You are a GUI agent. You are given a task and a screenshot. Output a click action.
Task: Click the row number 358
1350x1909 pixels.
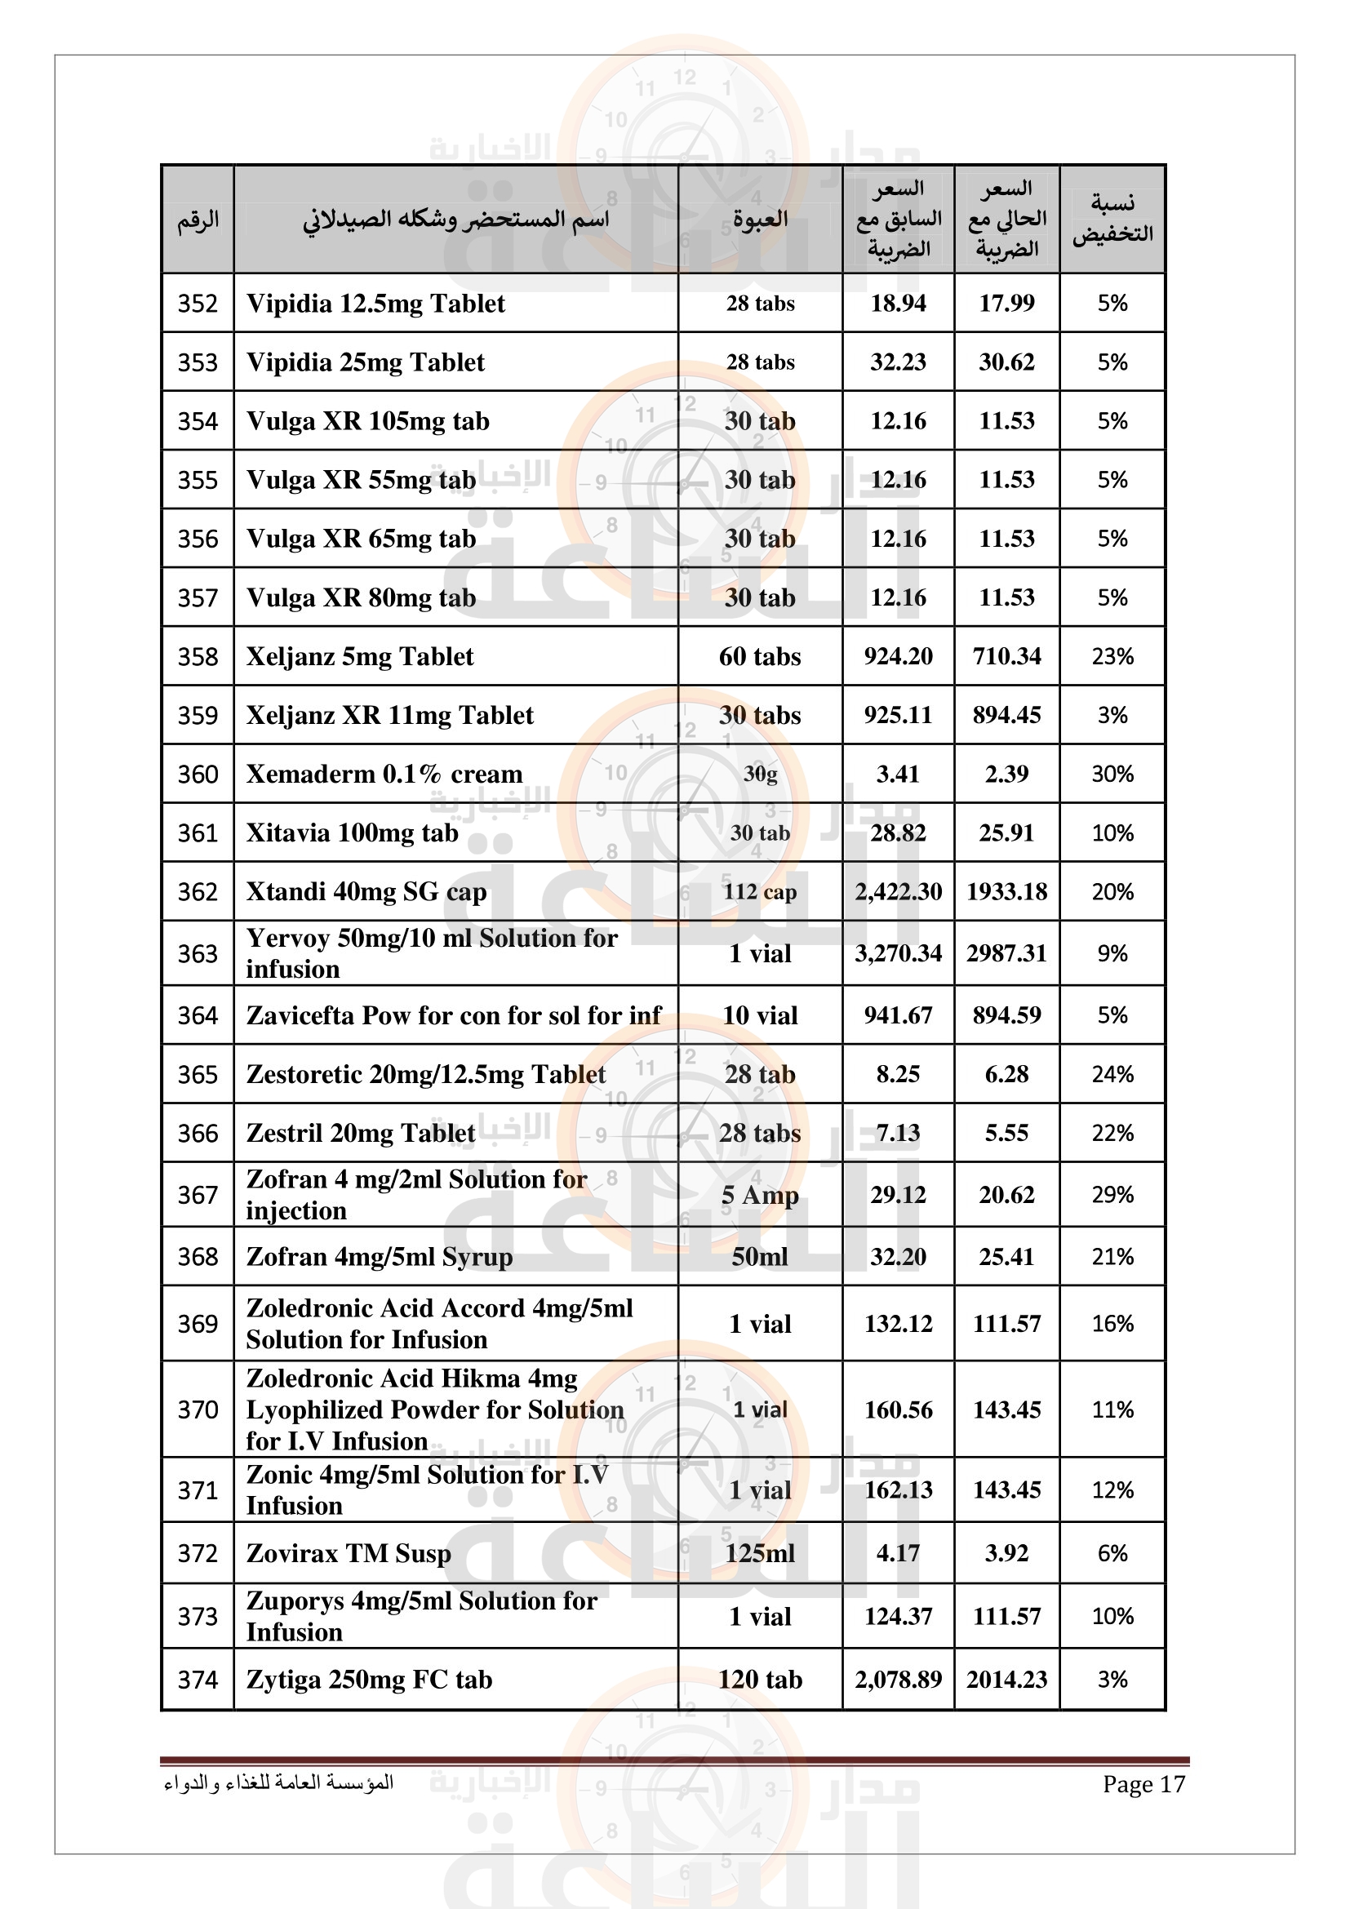click(x=197, y=657)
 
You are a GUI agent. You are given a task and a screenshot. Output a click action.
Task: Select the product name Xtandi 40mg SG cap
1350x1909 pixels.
click(x=366, y=892)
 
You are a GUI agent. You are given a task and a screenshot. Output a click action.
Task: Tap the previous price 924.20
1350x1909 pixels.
click(x=898, y=657)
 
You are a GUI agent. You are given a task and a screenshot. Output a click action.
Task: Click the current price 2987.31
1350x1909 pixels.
click(x=1006, y=953)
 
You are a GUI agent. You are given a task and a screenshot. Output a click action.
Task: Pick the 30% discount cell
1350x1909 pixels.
click(x=1112, y=774)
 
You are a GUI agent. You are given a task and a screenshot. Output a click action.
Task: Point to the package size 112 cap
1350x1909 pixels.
click(x=760, y=892)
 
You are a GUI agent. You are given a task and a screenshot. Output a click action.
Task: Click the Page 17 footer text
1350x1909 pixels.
click(x=1143, y=1784)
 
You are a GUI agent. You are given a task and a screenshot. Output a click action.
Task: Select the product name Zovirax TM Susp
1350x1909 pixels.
click(x=349, y=1554)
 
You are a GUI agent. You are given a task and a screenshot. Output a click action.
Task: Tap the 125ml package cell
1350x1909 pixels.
click(x=760, y=1554)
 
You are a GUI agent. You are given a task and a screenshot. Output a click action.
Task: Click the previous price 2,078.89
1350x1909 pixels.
click(x=898, y=1680)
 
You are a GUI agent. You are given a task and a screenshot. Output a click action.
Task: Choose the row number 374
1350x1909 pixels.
click(x=197, y=1680)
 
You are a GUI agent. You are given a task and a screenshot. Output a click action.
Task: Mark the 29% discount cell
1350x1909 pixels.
click(x=1112, y=1195)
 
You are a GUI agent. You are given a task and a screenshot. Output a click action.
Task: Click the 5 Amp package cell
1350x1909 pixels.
click(x=760, y=1195)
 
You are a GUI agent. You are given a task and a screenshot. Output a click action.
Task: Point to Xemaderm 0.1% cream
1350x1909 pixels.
click(x=384, y=774)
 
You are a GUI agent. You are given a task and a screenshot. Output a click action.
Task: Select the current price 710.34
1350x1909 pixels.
click(x=1006, y=657)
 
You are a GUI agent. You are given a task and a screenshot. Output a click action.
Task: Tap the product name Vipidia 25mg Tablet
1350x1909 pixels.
click(x=365, y=362)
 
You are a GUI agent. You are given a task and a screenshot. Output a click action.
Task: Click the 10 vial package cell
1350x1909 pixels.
click(x=760, y=1015)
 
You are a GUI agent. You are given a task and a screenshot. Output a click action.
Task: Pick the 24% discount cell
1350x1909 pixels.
click(x=1112, y=1074)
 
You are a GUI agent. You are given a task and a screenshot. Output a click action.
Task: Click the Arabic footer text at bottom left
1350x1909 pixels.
click(x=278, y=1783)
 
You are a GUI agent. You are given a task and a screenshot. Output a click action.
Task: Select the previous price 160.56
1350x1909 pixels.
click(x=898, y=1410)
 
